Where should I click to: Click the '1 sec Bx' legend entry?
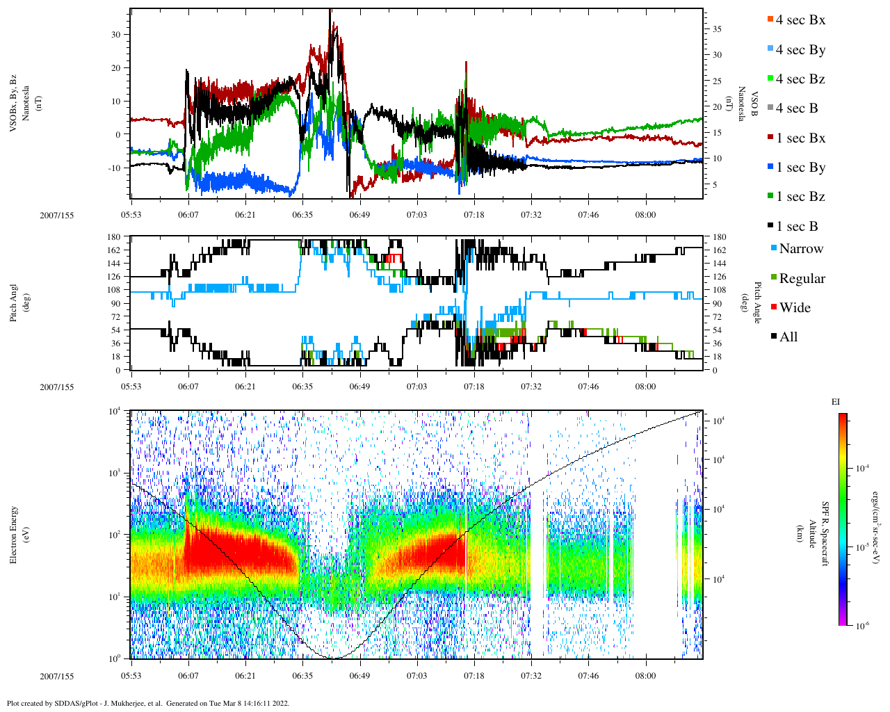pyautogui.click(x=800, y=138)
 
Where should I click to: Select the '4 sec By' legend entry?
pyautogui.click(x=800, y=49)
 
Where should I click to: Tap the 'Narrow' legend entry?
pyautogui.click(x=801, y=248)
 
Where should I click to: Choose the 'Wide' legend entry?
pyautogui.click(x=795, y=307)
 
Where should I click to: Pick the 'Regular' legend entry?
pyautogui.click(x=802, y=278)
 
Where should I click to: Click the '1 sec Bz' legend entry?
pyautogui.click(x=800, y=196)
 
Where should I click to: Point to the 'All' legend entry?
pyautogui.click(x=788, y=337)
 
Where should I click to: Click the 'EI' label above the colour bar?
pyautogui.click(x=836, y=402)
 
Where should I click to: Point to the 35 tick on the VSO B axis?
pyautogui.click(x=716, y=29)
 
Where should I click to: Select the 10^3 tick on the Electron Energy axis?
pyautogui.click(x=115, y=473)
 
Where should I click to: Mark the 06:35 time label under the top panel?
pyautogui.click(x=302, y=215)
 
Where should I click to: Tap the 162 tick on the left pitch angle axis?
pyautogui.click(x=113, y=250)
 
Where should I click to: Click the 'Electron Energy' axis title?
pyautogui.click(x=14, y=534)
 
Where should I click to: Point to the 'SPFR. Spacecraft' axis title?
pyautogui.click(x=825, y=534)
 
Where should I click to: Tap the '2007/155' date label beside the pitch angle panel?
pyautogui.click(x=56, y=387)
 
